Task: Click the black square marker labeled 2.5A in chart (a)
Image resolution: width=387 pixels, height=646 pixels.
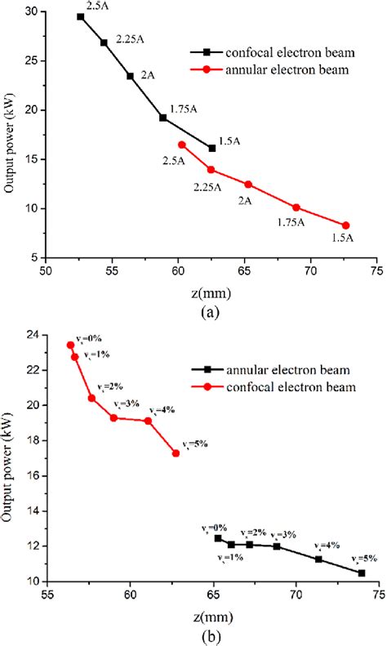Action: click(80, 16)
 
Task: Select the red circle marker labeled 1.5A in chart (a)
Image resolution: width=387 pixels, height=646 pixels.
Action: click(345, 225)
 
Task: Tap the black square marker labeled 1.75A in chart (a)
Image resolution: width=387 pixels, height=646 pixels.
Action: click(163, 118)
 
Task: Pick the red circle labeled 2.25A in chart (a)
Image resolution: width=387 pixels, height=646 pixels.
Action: click(211, 170)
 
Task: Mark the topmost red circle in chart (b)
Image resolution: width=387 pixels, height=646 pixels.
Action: click(71, 345)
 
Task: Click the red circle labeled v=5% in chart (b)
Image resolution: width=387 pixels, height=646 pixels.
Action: click(176, 453)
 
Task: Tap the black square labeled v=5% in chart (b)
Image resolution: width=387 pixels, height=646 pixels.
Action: click(362, 573)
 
